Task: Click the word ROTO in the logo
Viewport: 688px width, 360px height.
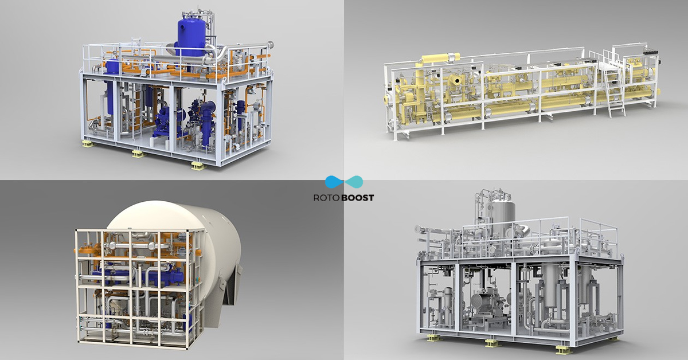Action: (x=327, y=197)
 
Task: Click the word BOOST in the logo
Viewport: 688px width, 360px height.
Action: (x=357, y=197)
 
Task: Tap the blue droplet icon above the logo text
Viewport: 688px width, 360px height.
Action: (x=334, y=182)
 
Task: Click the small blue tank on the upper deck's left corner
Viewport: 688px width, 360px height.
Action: (x=113, y=67)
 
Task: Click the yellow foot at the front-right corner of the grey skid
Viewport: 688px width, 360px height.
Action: (x=562, y=349)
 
